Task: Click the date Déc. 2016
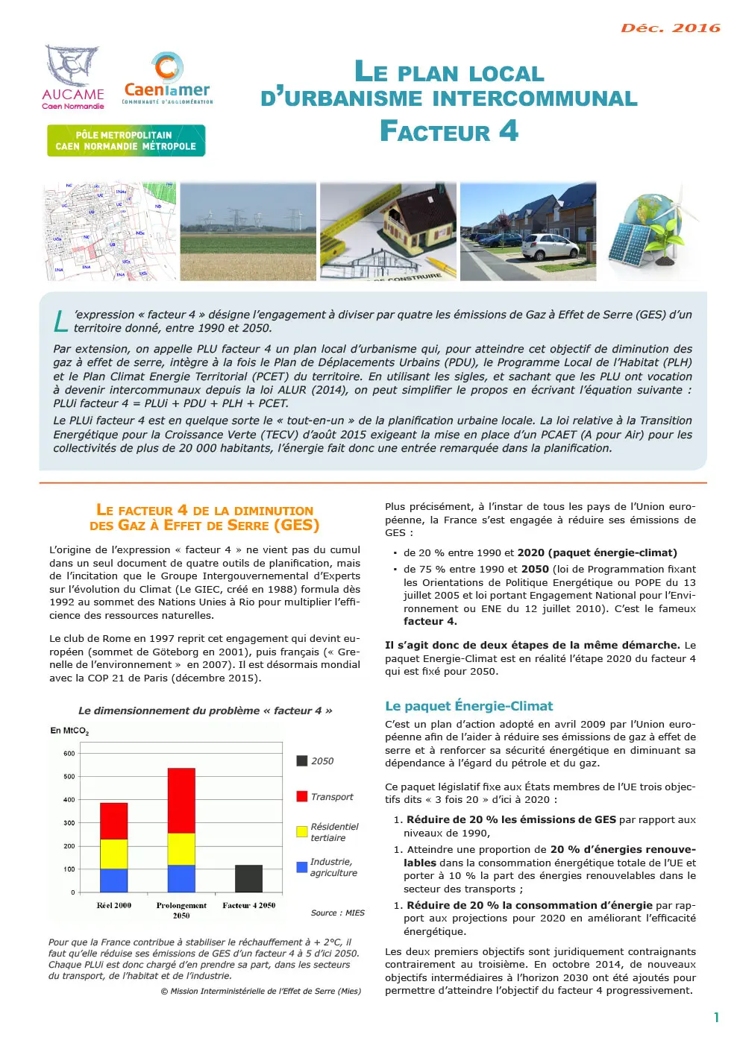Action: [670, 28]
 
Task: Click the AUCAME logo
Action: [72, 78]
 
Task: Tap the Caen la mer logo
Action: [167, 79]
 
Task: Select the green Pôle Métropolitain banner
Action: [126, 141]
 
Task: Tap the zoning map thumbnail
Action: [110, 232]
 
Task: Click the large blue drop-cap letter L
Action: [60, 321]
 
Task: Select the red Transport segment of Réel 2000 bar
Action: [113, 821]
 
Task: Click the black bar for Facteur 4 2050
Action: [248, 878]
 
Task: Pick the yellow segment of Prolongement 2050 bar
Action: [181, 849]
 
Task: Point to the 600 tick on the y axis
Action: [69, 754]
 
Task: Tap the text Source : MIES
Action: [337, 913]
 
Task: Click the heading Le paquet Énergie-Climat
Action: [468, 706]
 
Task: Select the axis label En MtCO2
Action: [69, 731]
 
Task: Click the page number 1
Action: [716, 1018]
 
